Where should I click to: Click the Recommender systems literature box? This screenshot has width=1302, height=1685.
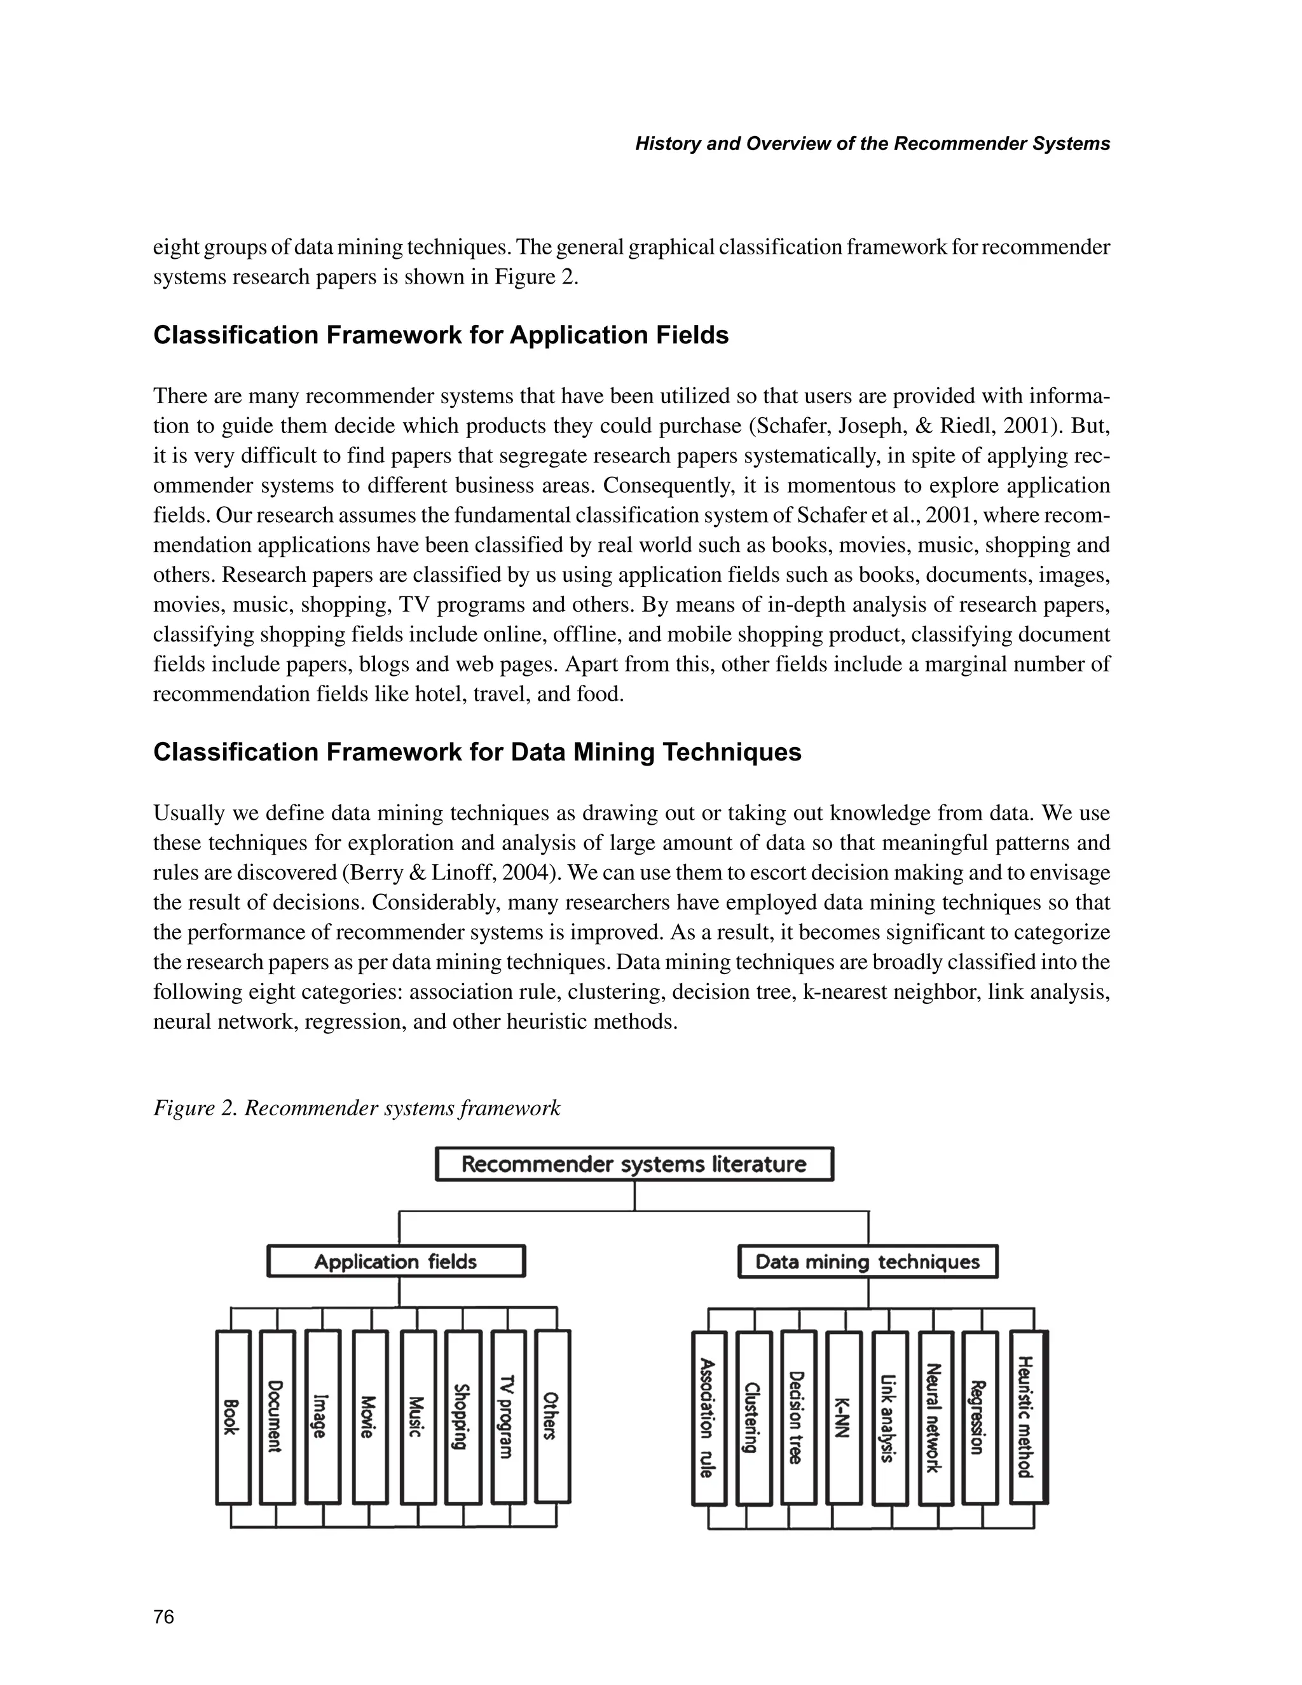[x=634, y=1164]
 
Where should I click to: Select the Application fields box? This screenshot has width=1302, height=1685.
[x=395, y=1262]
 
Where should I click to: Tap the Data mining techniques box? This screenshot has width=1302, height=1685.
[x=868, y=1262]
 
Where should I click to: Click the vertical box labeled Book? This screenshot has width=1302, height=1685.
[x=233, y=1417]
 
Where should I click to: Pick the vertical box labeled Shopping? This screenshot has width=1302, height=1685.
[x=463, y=1417]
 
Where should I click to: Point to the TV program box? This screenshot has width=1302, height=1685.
[x=509, y=1417]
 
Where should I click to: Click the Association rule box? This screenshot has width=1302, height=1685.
[x=708, y=1418]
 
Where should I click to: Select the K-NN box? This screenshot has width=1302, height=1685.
[x=844, y=1418]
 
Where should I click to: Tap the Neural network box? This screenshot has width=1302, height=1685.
[x=936, y=1418]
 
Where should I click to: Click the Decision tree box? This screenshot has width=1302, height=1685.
[x=798, y=1418]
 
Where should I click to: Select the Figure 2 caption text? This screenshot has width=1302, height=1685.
[x=357, y=1108]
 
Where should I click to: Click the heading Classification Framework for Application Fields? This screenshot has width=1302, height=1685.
[x=441, y=336]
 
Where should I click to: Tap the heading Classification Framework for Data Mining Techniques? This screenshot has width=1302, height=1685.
[x=477, y=752]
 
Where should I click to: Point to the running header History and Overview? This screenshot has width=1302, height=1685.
[x=872, y=144]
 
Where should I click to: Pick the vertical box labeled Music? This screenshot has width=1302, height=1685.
[x=418, y=1417]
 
